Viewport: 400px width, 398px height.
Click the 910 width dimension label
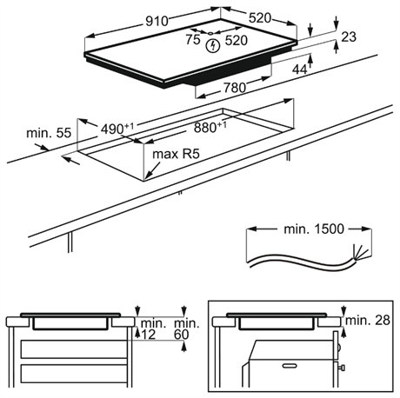157,21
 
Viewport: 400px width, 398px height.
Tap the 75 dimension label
193,39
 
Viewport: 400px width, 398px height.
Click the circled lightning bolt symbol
213,46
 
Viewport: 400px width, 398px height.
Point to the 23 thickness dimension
349,37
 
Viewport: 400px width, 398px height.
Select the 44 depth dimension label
300,70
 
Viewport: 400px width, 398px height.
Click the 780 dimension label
235,88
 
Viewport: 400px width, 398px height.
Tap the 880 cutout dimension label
210,127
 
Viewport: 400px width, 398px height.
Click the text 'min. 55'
49,133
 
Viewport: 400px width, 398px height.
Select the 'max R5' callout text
176,154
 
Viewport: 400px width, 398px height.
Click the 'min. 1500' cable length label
314,229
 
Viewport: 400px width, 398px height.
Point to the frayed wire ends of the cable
360,251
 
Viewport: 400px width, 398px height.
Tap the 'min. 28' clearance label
368,321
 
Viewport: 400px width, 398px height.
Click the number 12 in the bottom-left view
149,335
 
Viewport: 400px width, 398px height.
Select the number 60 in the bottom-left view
182,335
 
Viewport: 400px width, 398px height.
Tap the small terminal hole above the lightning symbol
210,33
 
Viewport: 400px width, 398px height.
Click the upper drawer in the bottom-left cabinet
74,349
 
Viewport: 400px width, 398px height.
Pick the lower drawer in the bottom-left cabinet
74,374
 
